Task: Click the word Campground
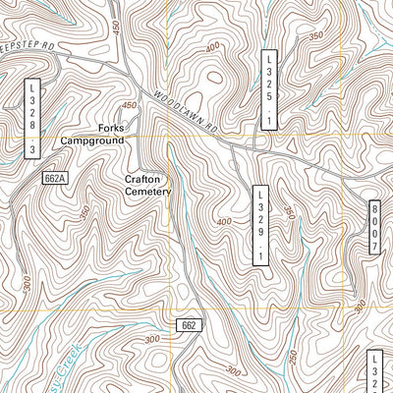tap(92, 141)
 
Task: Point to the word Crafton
tap(146, 179)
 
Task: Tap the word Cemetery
tap(147, 192)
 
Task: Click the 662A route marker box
tap(55, 178)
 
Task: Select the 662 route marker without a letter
tap(191, 324)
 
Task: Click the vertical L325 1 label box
tap(268, 90)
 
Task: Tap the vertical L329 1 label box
tap(260, 225)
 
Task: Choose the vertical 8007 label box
tap(375, 229)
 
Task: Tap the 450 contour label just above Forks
tap(129, 105)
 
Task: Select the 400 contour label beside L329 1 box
tap(225, 222)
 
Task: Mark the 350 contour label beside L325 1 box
tap(315, 36)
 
